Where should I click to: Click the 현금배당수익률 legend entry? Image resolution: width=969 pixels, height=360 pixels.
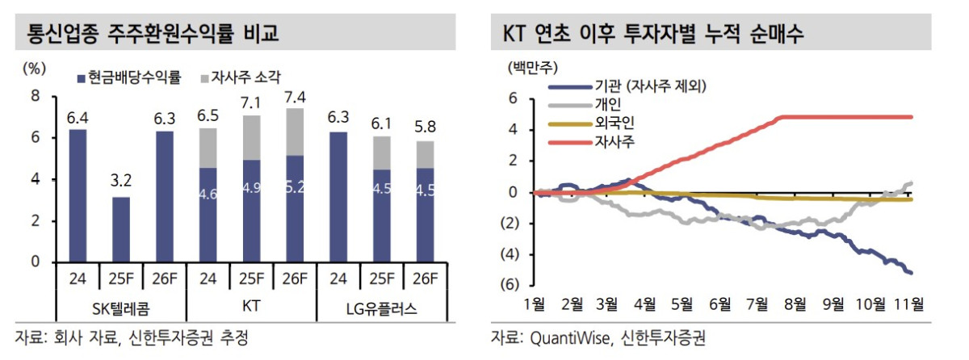point(128,78)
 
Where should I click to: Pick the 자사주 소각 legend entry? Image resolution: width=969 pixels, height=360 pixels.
point(240,78)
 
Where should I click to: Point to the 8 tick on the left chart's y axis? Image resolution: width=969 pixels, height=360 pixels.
point(35,96)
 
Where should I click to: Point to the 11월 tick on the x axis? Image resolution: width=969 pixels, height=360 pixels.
point(907,304)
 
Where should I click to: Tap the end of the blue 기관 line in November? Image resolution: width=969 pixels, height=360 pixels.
point(912,272)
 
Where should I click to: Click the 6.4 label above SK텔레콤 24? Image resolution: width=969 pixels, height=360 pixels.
point(78,118)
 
